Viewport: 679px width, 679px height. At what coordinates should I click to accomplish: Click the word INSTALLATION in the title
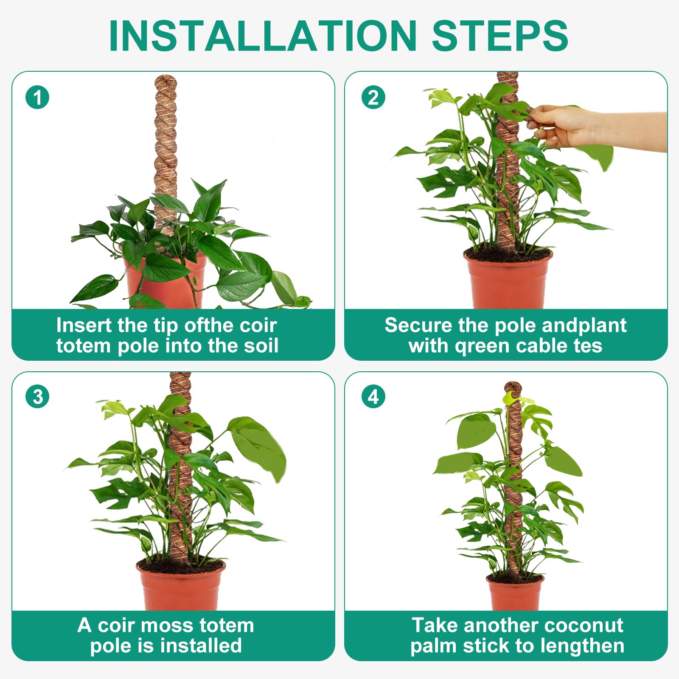tap(262, 36)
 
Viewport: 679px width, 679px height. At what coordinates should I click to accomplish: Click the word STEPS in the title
tap(499, 36)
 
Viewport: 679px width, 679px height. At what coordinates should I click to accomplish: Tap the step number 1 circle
tap(37, 97)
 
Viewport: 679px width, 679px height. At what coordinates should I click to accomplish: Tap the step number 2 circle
tap(373, 97)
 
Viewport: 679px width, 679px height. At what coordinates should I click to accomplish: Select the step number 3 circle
tap(37, 397)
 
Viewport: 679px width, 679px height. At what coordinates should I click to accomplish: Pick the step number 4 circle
tap(373, 397)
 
